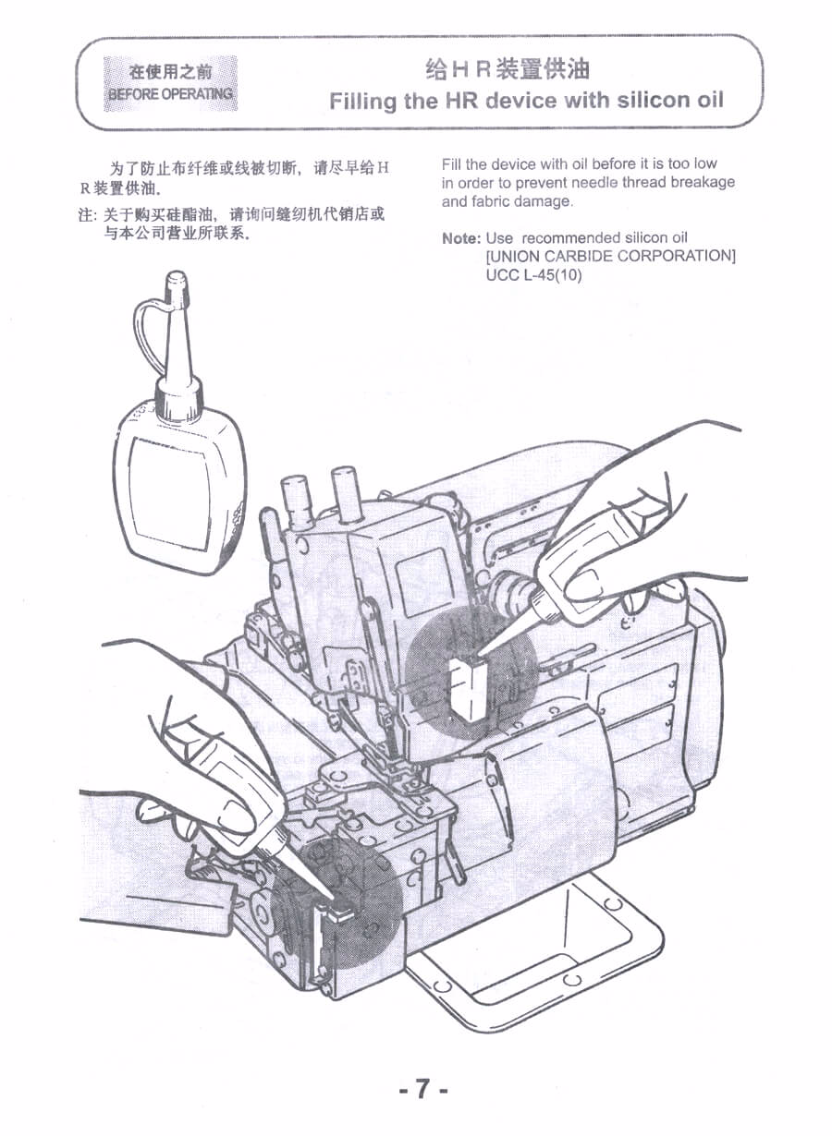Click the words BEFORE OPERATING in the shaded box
tap(171, 94)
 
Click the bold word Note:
tap(461, 238)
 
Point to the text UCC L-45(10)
tap(533, 275)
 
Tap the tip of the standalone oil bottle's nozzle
tap(177, 275)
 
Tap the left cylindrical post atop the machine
tap(297, 502)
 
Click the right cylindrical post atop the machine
tap(347, 493)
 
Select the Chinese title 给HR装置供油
tap(508, 69)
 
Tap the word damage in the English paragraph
tap(544, 202)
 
